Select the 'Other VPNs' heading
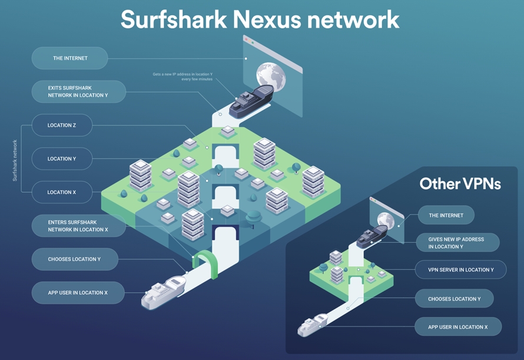pyautogui.click(x=460, y=184)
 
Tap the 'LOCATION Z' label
pyautogui.click(x=62, y=125)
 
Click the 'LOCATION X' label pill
pyautogui.click(x=62, y=193)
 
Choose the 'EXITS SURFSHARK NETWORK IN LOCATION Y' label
pyautogui.click(x=78, y=91)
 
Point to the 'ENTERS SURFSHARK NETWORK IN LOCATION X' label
pyautogui.click(x=78, y=226)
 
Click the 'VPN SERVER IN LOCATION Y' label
pyautogui.click(x=461, y=269)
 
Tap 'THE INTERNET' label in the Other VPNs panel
pyautogui.click(x=446, y=215)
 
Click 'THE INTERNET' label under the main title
pyautogui.click(x=70, y=58)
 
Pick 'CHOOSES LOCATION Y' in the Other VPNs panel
pyautogui.click(x=454, y=299)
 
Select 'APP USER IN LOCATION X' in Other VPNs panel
pyautogui.click(x=458, y=326)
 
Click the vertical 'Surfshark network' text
pyautogui.click(x=15, y=159)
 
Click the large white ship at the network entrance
pyautogui.click(x=165, y=291)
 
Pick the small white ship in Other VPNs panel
pyautogui.click(x=313, y=325)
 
